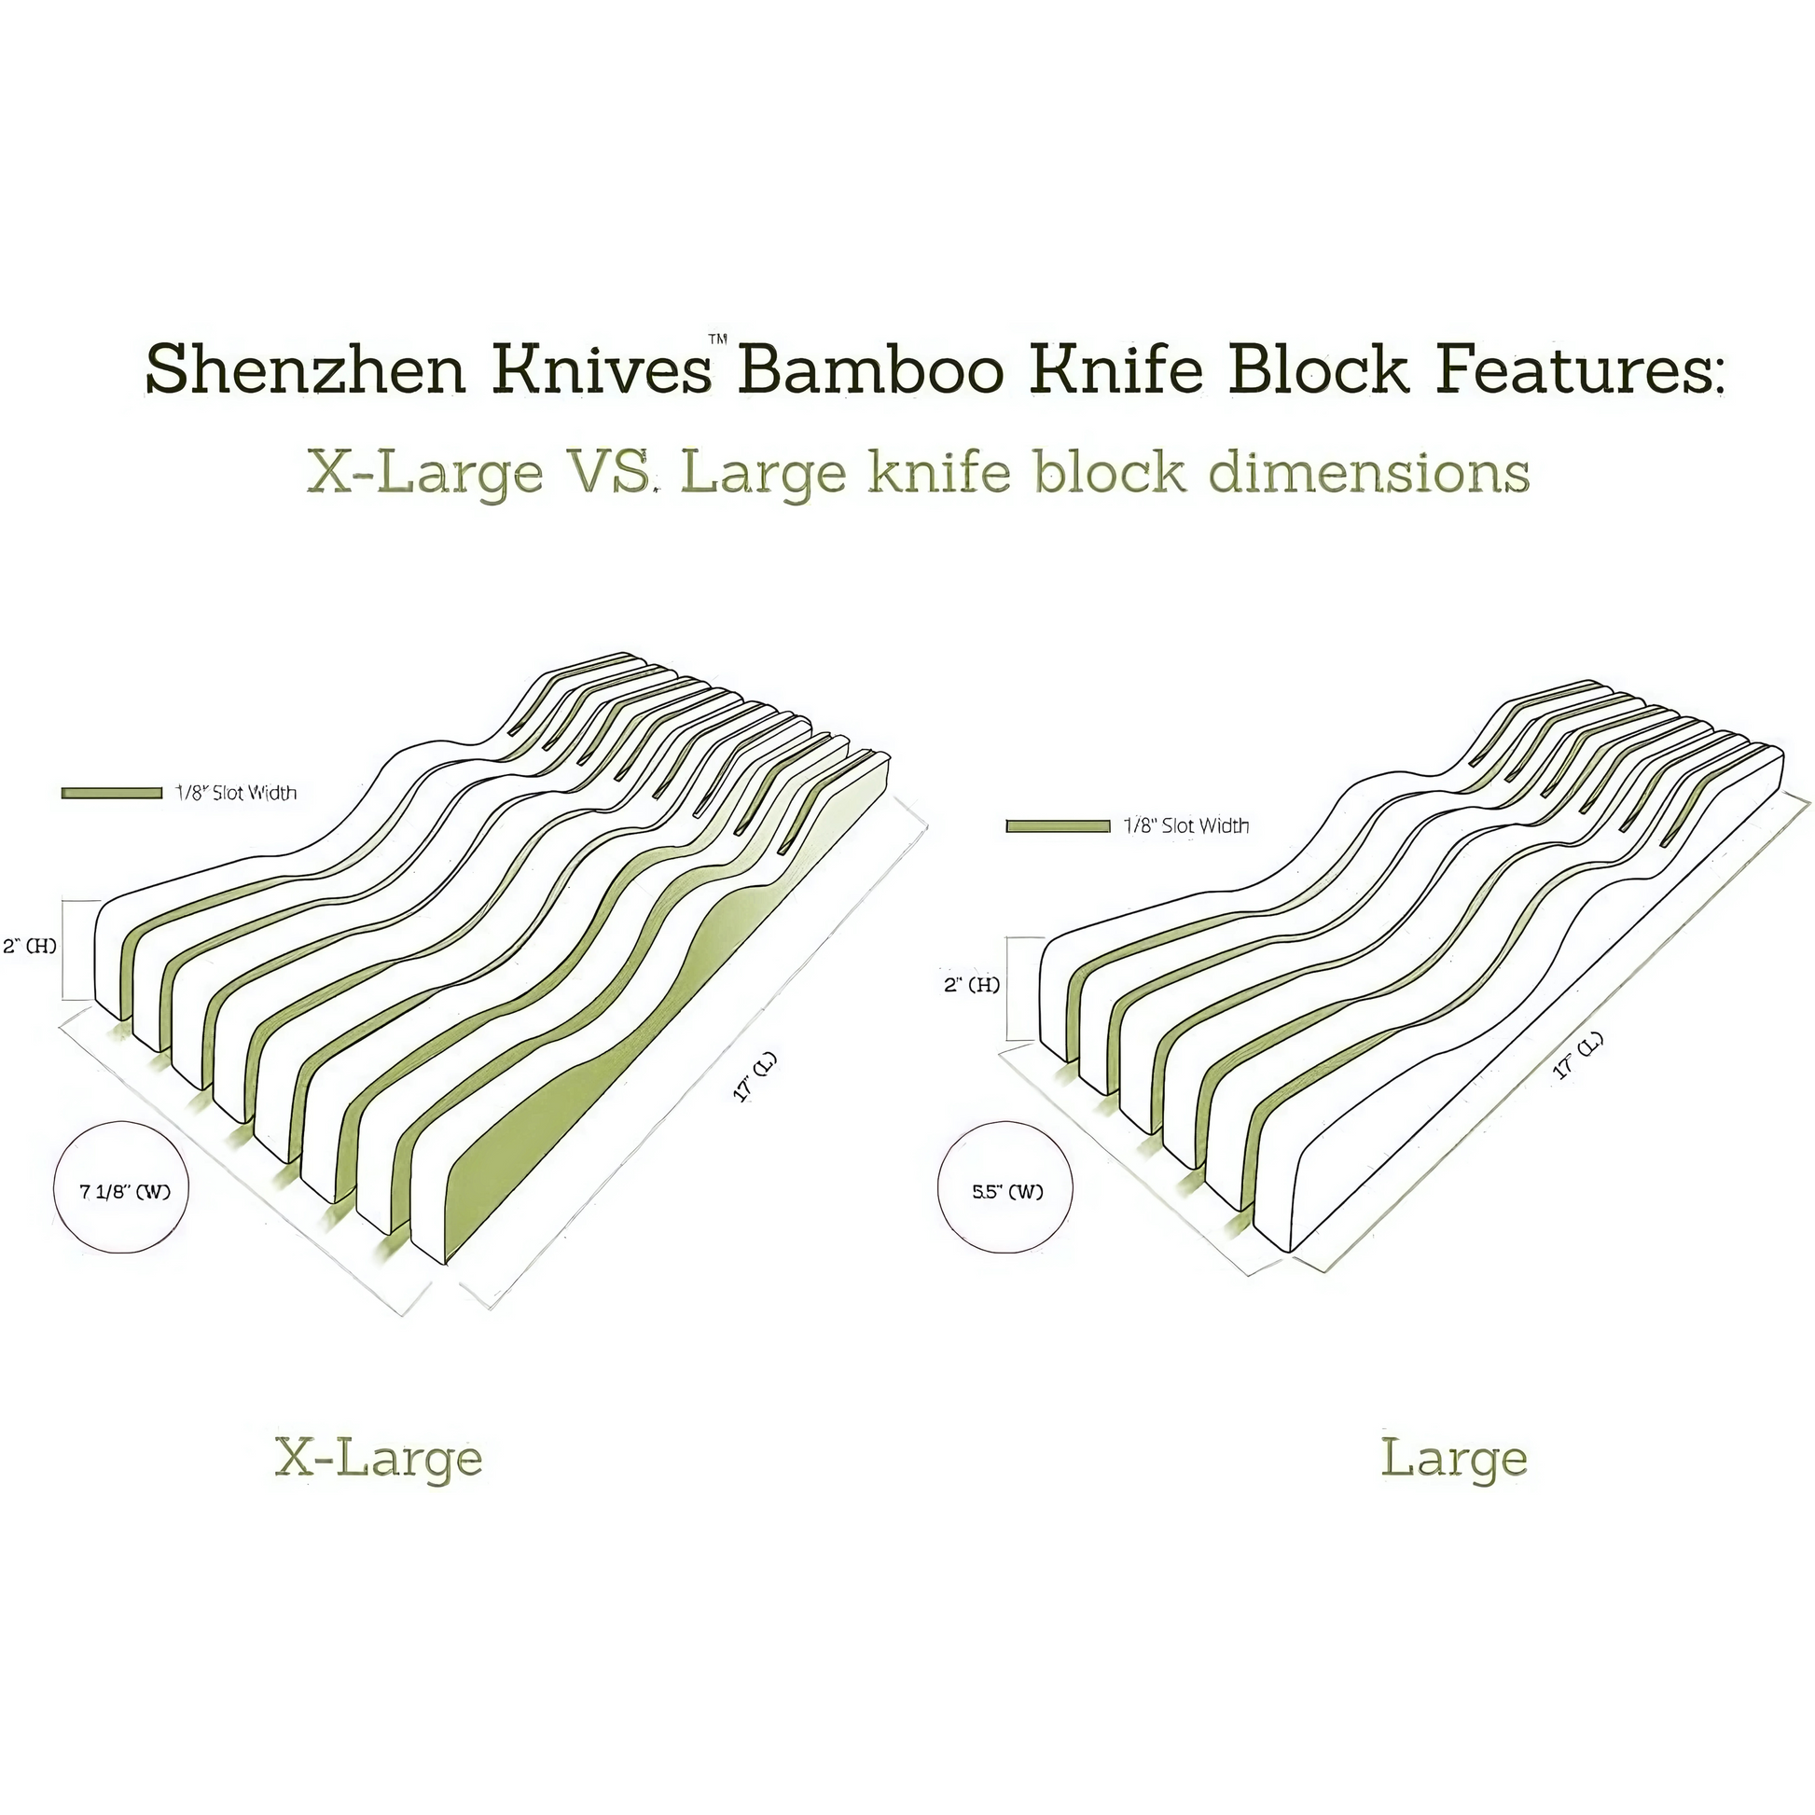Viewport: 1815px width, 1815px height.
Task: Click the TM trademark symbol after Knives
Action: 718,340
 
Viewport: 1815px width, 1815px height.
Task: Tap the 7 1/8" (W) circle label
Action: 124,1192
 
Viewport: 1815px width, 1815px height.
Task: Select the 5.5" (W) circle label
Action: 1007,1192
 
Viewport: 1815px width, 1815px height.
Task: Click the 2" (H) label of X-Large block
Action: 30,945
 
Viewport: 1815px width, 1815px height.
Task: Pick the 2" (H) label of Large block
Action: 971,985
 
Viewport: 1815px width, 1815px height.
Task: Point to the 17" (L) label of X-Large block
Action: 755,1077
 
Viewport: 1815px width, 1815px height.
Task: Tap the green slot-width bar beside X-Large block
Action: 111,794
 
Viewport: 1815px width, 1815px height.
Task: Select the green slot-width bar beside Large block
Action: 1058,826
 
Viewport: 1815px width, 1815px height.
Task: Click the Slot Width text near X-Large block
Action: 237,794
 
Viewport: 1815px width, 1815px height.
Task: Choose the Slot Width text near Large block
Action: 1187,825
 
